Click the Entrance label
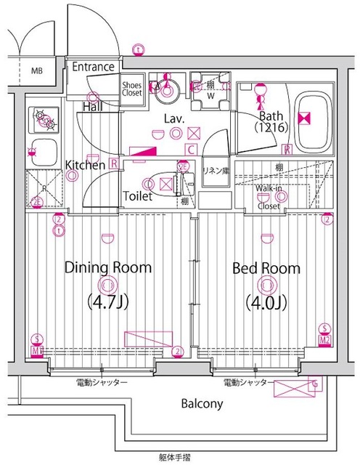coord(93,68)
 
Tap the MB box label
coord(36,71)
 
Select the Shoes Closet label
coord(131,88)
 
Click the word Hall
coord(91,107)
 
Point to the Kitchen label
coord(86,165)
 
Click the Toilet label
coord(137,196)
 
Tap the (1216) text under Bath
coord(272,127)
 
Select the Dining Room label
coord(108,267)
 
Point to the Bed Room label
coord(266,268)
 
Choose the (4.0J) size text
coord(266,300)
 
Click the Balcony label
coord(202,403)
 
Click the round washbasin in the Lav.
coord(168,91)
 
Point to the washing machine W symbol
coord(211,94)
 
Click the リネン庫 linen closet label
coord(215,171)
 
